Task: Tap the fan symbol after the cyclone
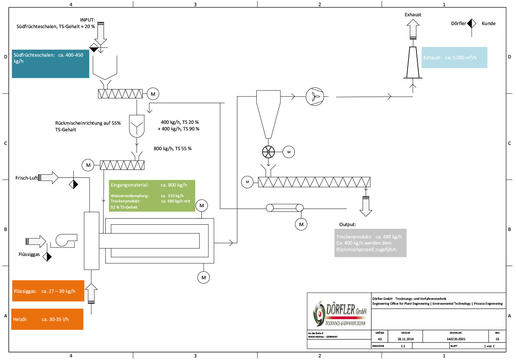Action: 314,97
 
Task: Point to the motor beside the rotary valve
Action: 289,152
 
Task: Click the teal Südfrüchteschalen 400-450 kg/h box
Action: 50,63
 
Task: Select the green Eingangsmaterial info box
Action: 152,196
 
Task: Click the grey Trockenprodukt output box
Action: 369,243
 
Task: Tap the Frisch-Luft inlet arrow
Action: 49,177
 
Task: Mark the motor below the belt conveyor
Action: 301,224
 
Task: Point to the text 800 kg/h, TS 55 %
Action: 172,149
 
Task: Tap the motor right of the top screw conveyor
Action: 153,94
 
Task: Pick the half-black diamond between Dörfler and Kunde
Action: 472,23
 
